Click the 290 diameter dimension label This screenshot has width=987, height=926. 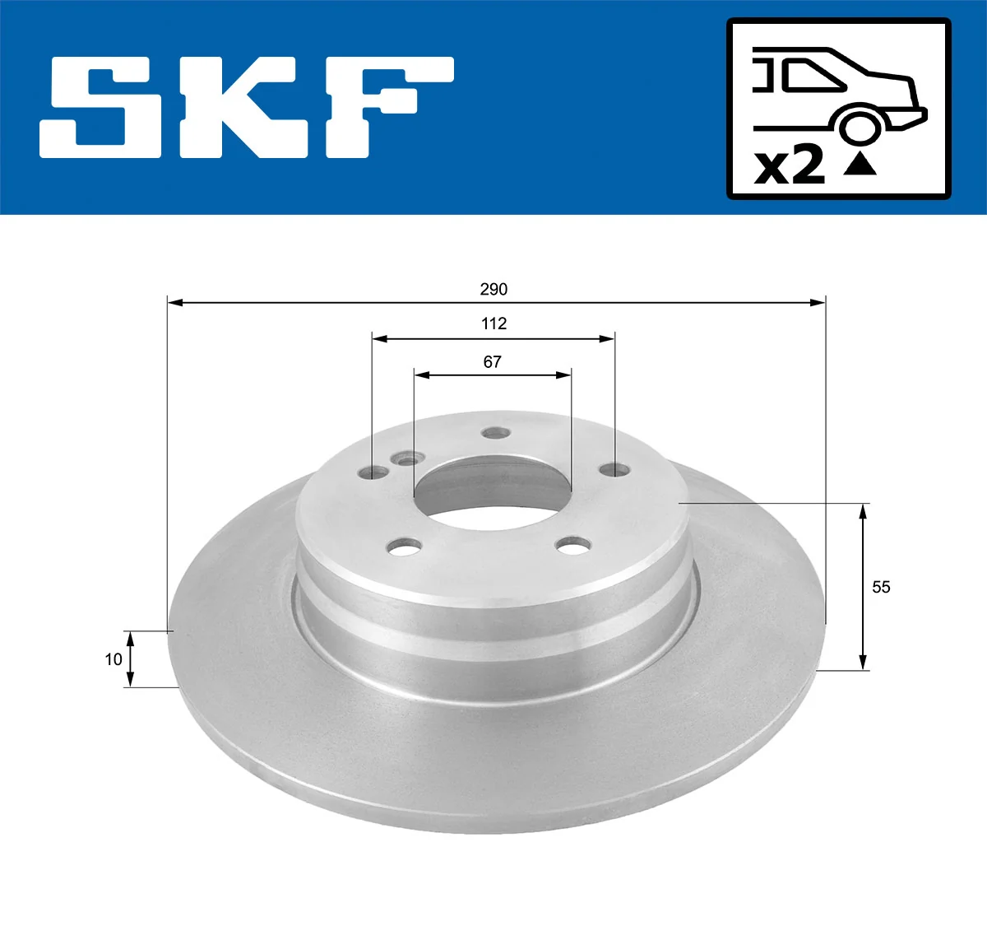tap(493, 289)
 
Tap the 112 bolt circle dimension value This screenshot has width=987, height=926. tap(493, 323)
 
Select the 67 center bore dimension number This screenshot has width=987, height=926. tap(492, 361)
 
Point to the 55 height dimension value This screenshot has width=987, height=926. tap(881, 587)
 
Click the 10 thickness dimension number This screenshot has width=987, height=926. tap(114, 658)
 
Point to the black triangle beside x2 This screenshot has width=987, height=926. tap(860, 165)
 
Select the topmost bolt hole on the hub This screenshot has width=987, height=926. tap(494, 433)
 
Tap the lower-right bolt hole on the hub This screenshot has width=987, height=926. tap(573, 544)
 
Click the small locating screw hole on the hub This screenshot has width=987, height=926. tap(405, 459)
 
